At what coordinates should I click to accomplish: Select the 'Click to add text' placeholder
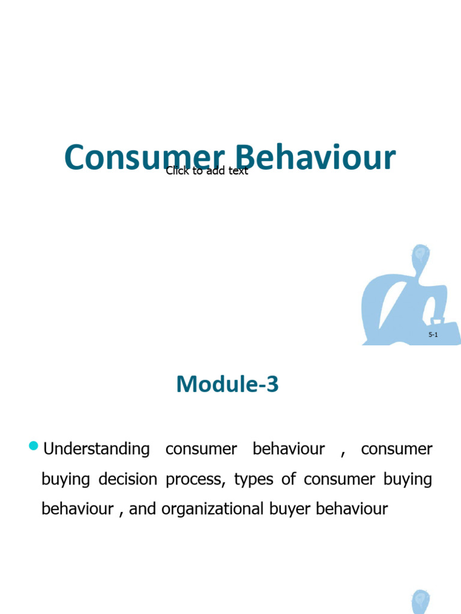(x=206, y=171)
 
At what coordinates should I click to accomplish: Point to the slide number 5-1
(x=433, y=335)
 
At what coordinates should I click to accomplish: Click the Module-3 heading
(x=227, y=384)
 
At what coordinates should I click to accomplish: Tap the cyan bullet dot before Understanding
(x=34, y=446)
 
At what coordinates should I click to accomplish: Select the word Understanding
(x=97, y=449)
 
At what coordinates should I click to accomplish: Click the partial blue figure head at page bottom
(x=421, y=602)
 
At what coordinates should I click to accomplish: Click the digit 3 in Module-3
(x=273, y=384)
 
